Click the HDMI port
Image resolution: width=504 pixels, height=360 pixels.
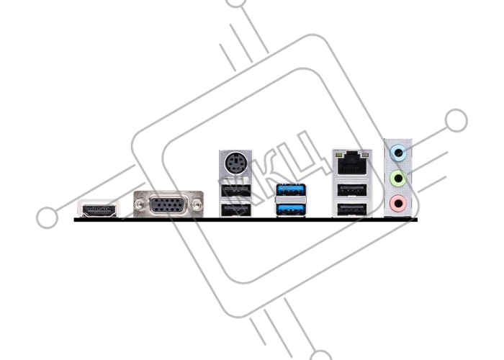[99, 210]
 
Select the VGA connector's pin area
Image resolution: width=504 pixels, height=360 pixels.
[168, 205]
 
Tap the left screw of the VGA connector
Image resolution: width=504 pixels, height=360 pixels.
[140, 204]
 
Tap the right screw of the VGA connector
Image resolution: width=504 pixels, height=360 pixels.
[197, 204]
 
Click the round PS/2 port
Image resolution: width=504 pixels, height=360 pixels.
[235, 163]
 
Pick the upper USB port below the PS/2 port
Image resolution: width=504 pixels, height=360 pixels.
[235, 190]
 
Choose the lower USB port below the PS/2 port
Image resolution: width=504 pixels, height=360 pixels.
[235, 210]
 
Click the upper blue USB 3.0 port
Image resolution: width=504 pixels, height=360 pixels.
[291, 189]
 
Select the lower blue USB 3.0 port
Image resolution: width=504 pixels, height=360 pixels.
[291, 210]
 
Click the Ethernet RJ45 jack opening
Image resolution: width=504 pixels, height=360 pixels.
[352, 164]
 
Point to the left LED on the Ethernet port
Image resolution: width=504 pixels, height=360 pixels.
[338, 156]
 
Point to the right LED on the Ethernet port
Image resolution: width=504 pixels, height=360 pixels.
[364, 156]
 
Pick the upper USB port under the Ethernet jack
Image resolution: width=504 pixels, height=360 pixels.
[352, 190]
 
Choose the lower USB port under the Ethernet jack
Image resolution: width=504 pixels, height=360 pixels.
[352, 210]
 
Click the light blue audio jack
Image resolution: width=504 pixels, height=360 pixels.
[398, 153]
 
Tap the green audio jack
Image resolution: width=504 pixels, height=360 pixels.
[398, 178]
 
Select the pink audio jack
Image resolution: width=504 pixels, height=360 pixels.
[398, 203]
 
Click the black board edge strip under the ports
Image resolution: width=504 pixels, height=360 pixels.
[246, 220]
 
